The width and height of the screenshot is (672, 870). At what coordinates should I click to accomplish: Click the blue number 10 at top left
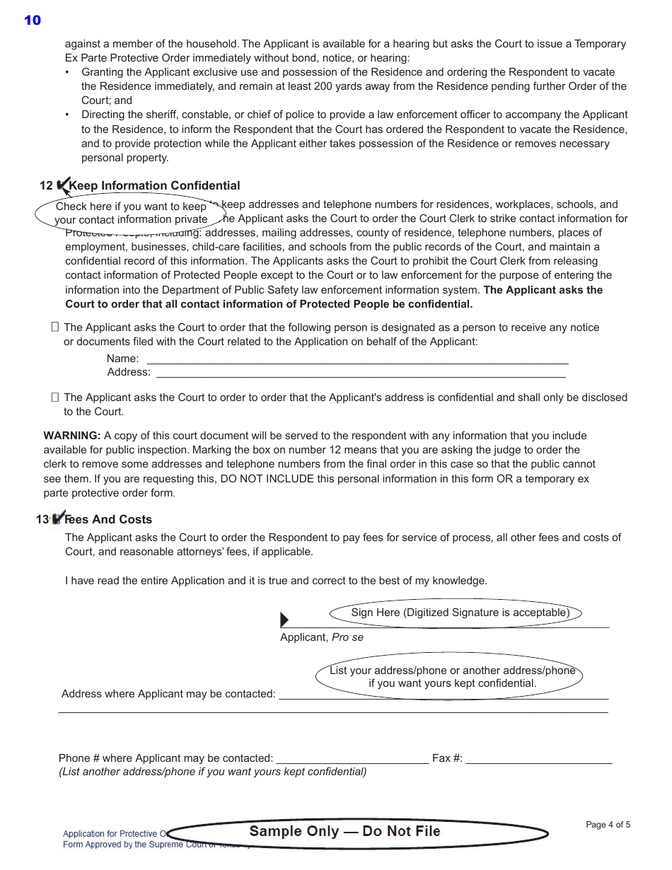[x=33, y=20]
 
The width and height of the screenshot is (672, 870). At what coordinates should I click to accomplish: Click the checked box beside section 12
[x=62, y=186]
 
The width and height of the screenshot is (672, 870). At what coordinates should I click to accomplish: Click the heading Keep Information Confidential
[x=154, y=185]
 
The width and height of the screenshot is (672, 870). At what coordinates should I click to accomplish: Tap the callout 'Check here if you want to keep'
[x=131, y=207]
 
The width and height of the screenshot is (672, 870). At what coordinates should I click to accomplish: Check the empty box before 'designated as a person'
[x=55, y=327]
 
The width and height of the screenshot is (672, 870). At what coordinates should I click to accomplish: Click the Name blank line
[x=357, y=359]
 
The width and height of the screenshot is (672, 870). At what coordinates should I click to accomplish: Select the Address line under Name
[x=361, y=373]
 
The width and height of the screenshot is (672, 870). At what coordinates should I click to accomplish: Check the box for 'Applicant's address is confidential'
[x=55, y=398]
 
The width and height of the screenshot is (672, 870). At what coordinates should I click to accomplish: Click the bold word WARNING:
[x=71, y=436]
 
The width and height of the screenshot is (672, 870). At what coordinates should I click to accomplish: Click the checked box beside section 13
[x=58, y=518]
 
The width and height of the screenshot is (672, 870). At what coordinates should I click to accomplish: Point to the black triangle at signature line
[x=284, y=620]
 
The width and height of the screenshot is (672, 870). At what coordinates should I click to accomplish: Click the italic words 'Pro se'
[x=347, y=637]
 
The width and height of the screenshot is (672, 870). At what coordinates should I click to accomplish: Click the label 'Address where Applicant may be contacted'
[x=168, y=694]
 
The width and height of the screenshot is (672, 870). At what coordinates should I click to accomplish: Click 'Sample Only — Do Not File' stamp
[x=344, y=832]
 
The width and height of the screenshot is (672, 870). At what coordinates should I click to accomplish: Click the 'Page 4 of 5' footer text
[x=608, y=825]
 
